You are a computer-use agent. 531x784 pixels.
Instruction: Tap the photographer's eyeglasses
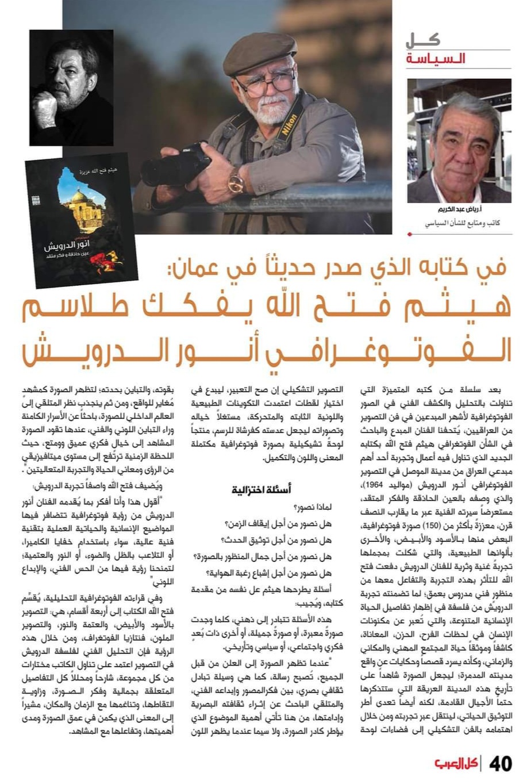tap(265, 85)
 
